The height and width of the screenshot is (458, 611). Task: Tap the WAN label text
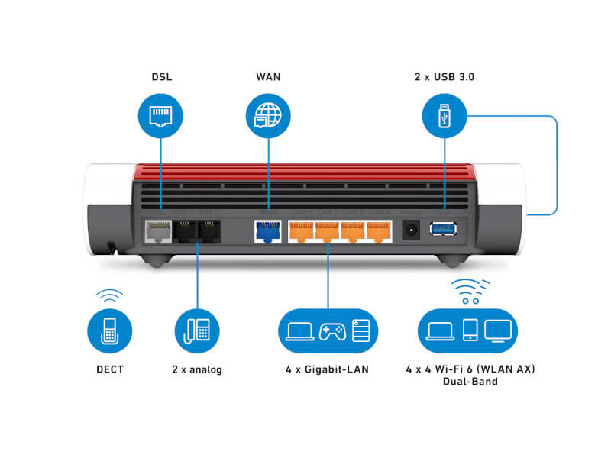268,78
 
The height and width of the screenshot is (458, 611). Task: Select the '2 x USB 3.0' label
445,78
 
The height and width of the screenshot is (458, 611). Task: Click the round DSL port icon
160,116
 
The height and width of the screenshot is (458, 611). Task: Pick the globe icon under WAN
268,116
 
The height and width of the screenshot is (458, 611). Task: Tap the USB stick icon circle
445,116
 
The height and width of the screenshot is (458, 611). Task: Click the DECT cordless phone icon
110,329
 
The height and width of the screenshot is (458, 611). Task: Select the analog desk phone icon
197,329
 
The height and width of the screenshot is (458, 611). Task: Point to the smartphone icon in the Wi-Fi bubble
470,330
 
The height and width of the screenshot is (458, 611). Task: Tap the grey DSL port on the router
158,230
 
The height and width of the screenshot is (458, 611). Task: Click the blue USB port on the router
445,228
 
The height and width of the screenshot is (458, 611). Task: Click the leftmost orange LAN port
301,230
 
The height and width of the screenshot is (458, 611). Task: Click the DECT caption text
110,369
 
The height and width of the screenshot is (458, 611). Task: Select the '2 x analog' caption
197,369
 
